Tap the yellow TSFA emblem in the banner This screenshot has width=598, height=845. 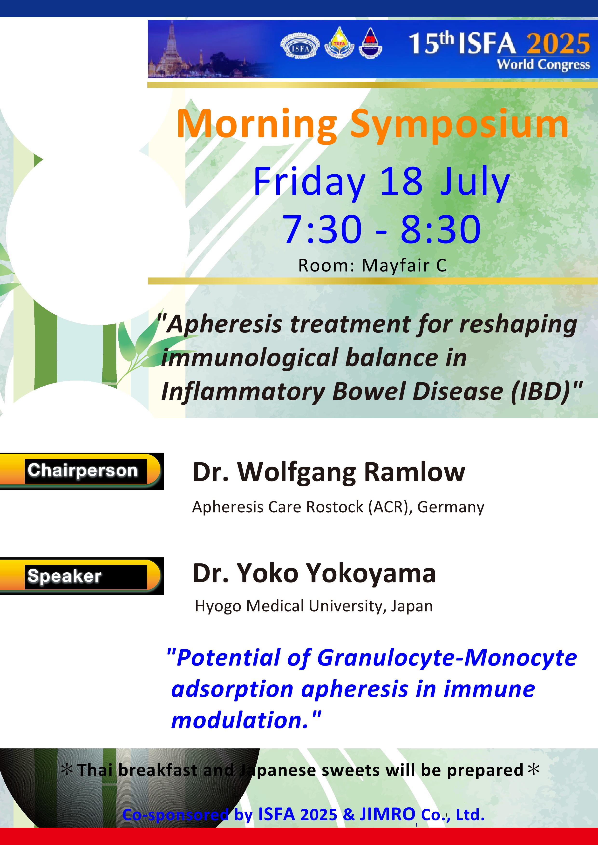point(339,43)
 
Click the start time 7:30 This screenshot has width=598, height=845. point(322,229)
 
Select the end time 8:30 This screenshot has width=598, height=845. point(441,229)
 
